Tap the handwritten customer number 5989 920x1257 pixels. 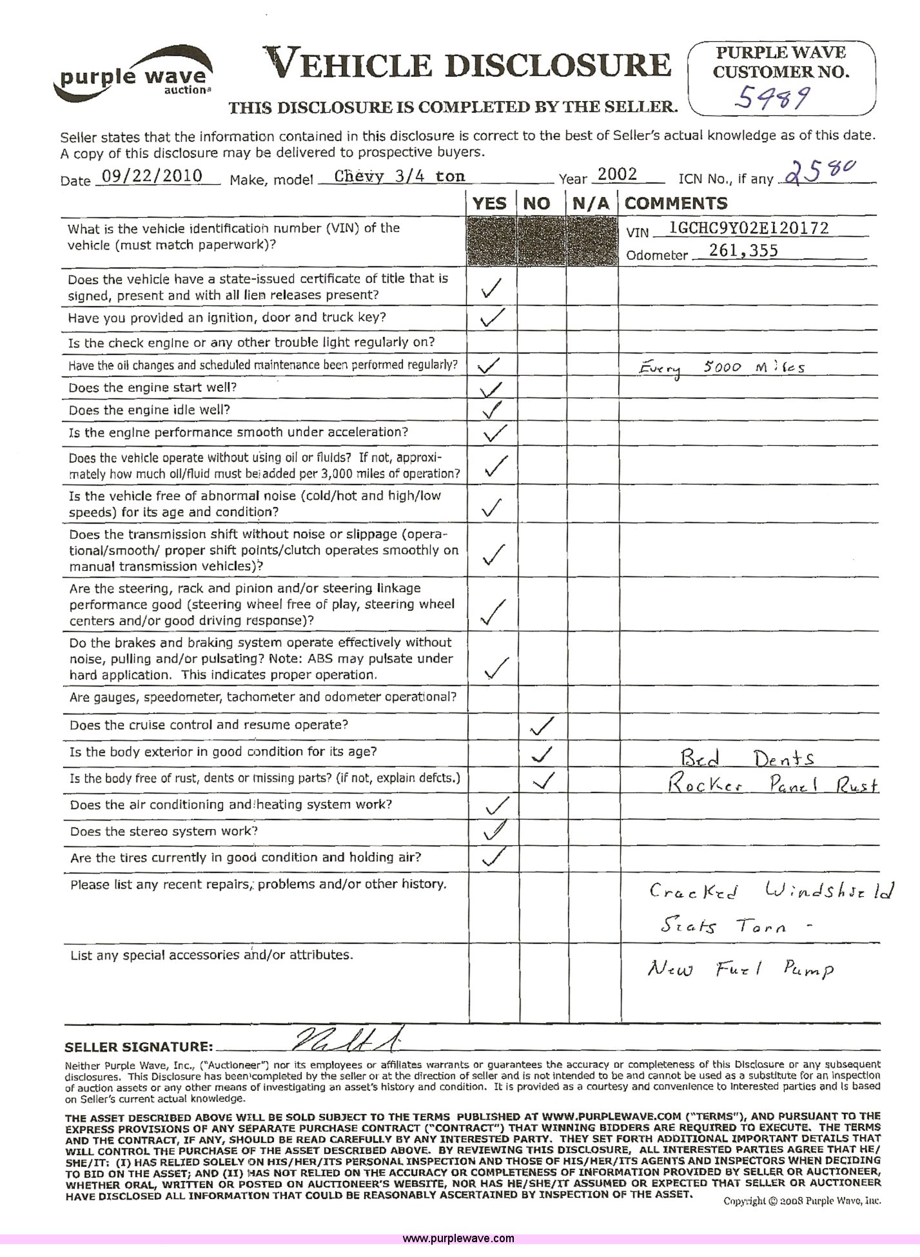[774, 99]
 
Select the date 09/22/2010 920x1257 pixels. [152, 176]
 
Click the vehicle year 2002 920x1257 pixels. [617, 174]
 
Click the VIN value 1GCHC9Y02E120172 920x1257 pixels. [749, 227]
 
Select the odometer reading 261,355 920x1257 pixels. [743, 251]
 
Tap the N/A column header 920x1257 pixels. [591, 204]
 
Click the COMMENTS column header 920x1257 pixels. [676, 204]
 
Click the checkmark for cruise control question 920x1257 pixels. [541, 727]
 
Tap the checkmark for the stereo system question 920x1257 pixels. [494, 830]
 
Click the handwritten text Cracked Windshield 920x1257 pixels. [772, 892]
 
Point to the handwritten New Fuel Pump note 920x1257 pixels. [740, 968]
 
